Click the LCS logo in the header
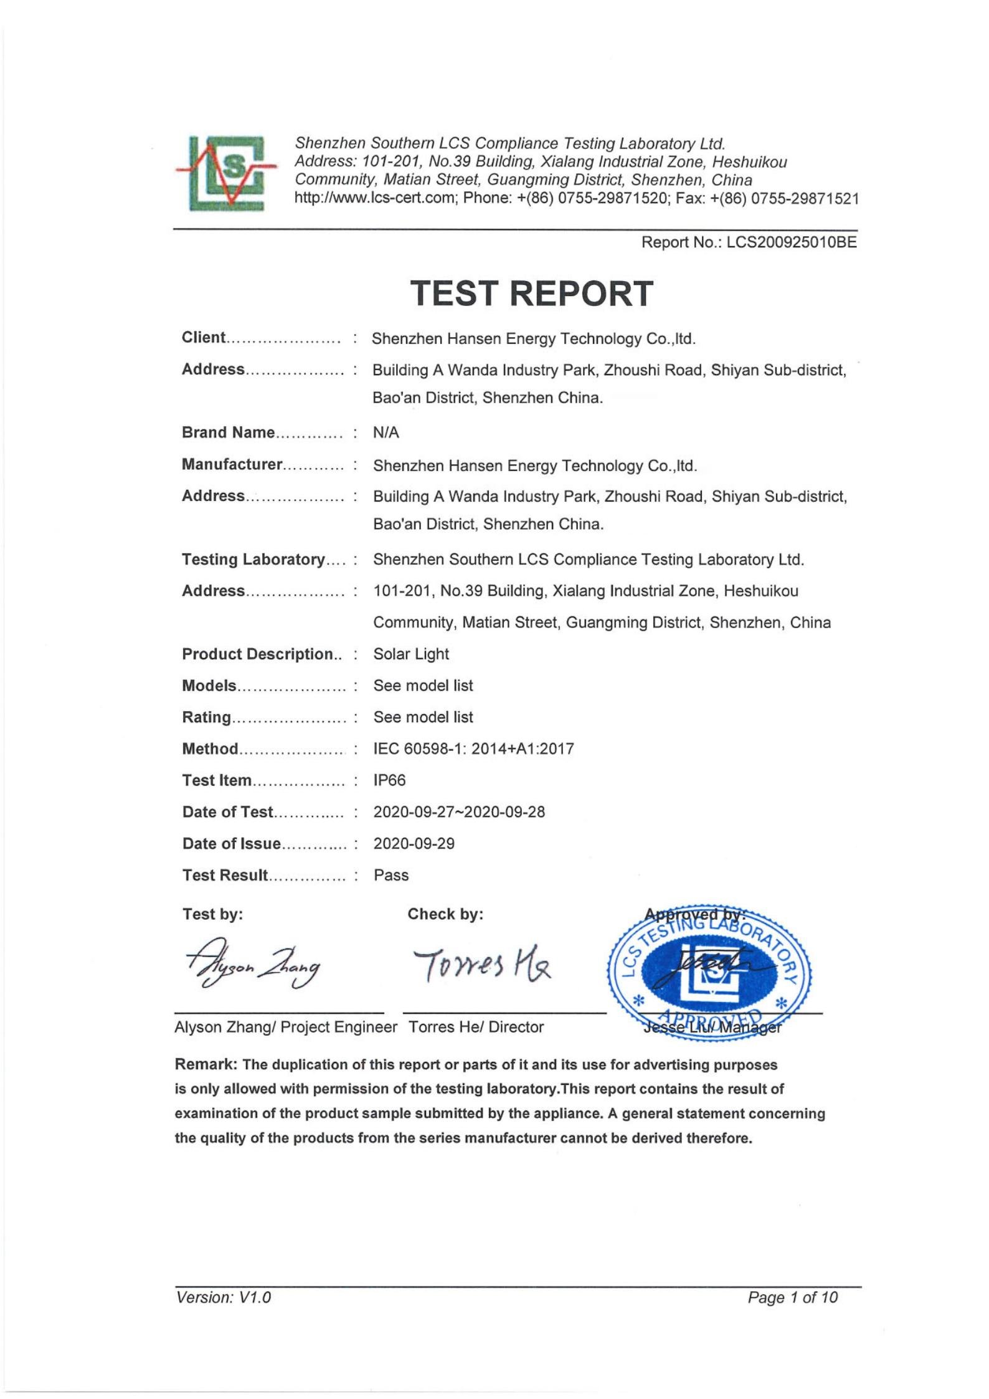coord(225,173)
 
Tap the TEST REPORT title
coord(531,294)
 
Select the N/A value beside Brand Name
coord(386,432)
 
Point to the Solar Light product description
coord(411,654)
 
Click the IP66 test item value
coord(389,780)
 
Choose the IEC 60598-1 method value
coord(473,748)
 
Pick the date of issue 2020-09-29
coord(414,844)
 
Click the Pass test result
coord(391,875)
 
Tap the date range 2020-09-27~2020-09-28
coord(459,812)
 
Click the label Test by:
coord(212,914)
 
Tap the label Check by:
coord(445,914)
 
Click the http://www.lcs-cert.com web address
coord(376,199)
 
